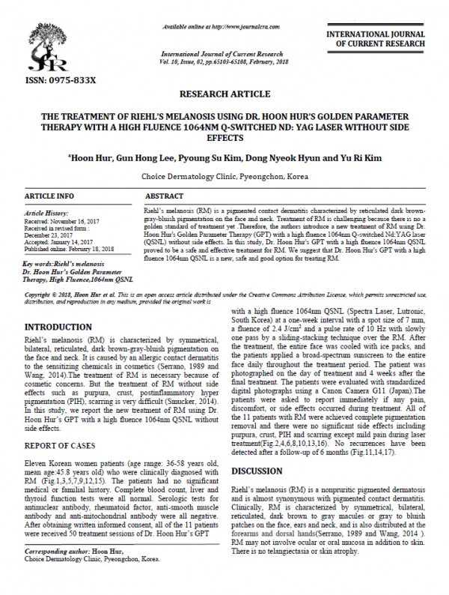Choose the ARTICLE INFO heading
[x=49, y=196]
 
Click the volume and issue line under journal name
[x=224, y=61]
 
